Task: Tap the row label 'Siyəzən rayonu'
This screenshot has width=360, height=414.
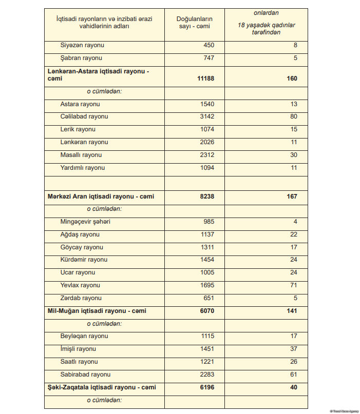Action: click(x=82, y=45)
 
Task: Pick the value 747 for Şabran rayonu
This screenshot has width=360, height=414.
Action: click(x=208, y=58)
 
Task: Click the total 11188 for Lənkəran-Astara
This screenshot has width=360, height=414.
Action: click(x=205, y=78)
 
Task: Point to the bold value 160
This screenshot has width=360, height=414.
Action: click(x=291, y=78)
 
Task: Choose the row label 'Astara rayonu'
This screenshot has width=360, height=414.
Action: click(x=80, y=104)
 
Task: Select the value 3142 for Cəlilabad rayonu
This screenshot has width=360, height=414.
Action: click(x=207, y=116)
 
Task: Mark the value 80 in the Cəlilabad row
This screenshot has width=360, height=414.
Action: click(x=294, y=116)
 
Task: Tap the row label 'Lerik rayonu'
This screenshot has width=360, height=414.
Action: click(x=78, y=129)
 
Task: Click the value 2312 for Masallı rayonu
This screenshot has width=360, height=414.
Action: click(x=207, y=155)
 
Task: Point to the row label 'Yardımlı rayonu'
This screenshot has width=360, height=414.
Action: click(x=82, y=168)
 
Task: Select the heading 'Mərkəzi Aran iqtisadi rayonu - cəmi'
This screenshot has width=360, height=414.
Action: click(x=101, y=196)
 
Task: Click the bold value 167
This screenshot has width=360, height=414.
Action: click(x=291, y=196)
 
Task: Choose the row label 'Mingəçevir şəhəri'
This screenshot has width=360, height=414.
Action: click(x=85, y=222)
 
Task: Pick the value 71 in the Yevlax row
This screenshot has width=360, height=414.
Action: click(x=294, y=285)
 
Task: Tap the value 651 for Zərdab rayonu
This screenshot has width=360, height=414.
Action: click(x=209, y=298)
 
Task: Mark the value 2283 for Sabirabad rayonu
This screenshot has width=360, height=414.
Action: click(x=207, y=374)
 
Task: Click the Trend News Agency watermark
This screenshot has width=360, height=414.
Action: click(x=343, y=410)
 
